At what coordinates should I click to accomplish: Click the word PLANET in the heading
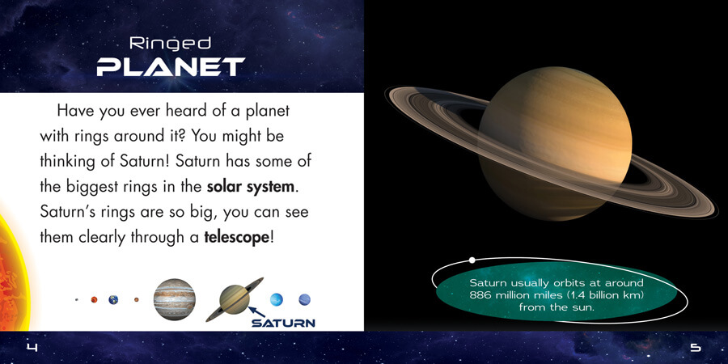click(171, 67)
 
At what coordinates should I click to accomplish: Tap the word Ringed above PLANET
click(171, 44)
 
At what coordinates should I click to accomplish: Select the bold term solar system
click(251, 187)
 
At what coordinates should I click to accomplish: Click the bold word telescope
click(236, 237)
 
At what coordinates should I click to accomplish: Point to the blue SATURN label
click(283, 323)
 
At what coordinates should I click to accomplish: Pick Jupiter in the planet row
click(175, 299)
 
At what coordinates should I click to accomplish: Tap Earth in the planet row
click(113, 299)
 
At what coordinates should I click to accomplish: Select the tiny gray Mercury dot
click(77, 299)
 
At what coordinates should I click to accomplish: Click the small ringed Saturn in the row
click(235, 299)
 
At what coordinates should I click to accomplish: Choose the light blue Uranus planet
click(277, 299)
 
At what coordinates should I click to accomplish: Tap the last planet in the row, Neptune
click(305, 299)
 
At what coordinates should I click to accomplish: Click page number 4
click(32, 347)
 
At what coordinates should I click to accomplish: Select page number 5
click(696, 347)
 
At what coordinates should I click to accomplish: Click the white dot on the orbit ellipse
click(472, 260)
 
